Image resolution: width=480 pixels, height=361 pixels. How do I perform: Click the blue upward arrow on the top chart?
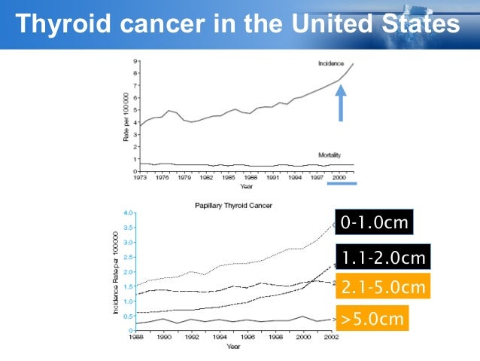tap(340, 102)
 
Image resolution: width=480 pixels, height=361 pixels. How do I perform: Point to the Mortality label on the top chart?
tap(331, 154)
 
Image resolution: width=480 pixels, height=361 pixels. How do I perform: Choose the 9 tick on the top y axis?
tap(135, 61)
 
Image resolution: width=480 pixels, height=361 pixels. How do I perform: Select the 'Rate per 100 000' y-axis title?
tap(127, 117)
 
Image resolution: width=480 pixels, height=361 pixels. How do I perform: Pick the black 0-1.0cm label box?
tap(374, 224)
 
